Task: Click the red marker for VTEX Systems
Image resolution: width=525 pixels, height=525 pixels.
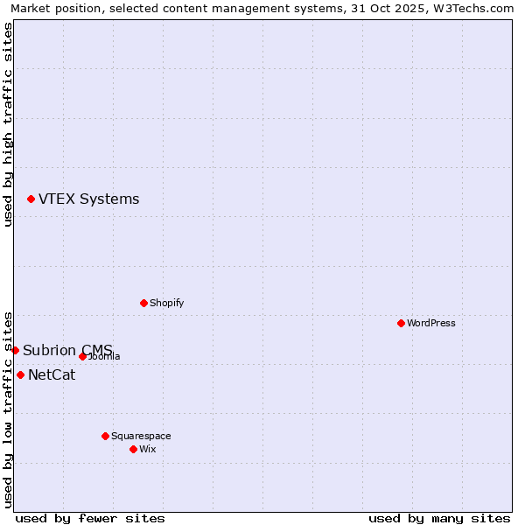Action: pos(31,199)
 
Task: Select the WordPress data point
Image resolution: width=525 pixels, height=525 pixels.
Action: pos(401,323)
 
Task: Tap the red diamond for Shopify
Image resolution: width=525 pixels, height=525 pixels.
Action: pos(143,303)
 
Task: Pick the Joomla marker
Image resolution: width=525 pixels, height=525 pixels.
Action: pos(82,356)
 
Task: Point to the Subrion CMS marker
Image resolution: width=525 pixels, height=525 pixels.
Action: pos(15,350)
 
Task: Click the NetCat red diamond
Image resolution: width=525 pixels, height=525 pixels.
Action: pos(20,374)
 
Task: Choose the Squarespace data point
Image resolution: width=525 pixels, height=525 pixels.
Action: pos(105,436)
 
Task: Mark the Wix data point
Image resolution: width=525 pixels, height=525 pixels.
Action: pos(133,449)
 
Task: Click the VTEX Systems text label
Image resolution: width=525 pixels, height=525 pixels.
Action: pos(88,199)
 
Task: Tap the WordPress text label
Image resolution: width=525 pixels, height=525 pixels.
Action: pos(431,323)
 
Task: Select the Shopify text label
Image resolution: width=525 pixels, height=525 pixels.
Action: pos(166,303)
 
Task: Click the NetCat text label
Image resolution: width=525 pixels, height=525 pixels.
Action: pos(52,375)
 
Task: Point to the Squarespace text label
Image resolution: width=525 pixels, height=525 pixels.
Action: pos(141,436)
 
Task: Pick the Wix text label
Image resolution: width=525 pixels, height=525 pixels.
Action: pos(148,449)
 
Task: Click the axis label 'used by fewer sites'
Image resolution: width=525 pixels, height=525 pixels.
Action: pos(90,518)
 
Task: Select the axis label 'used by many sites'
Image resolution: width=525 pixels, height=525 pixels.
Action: pos(439,518)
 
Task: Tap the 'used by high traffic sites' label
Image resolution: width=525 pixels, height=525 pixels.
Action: pos(9,124)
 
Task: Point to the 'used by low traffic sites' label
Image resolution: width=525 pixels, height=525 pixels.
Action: pos(9,409)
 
